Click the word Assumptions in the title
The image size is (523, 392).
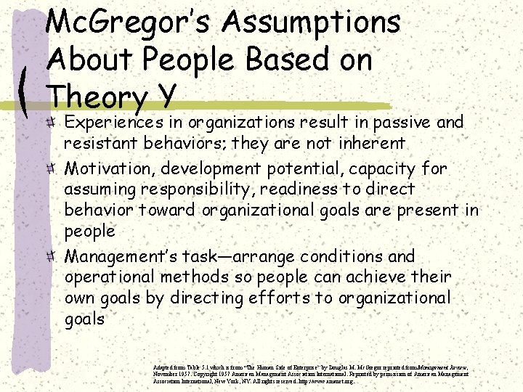(312, 22)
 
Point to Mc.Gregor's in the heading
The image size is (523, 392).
(128, 22)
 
